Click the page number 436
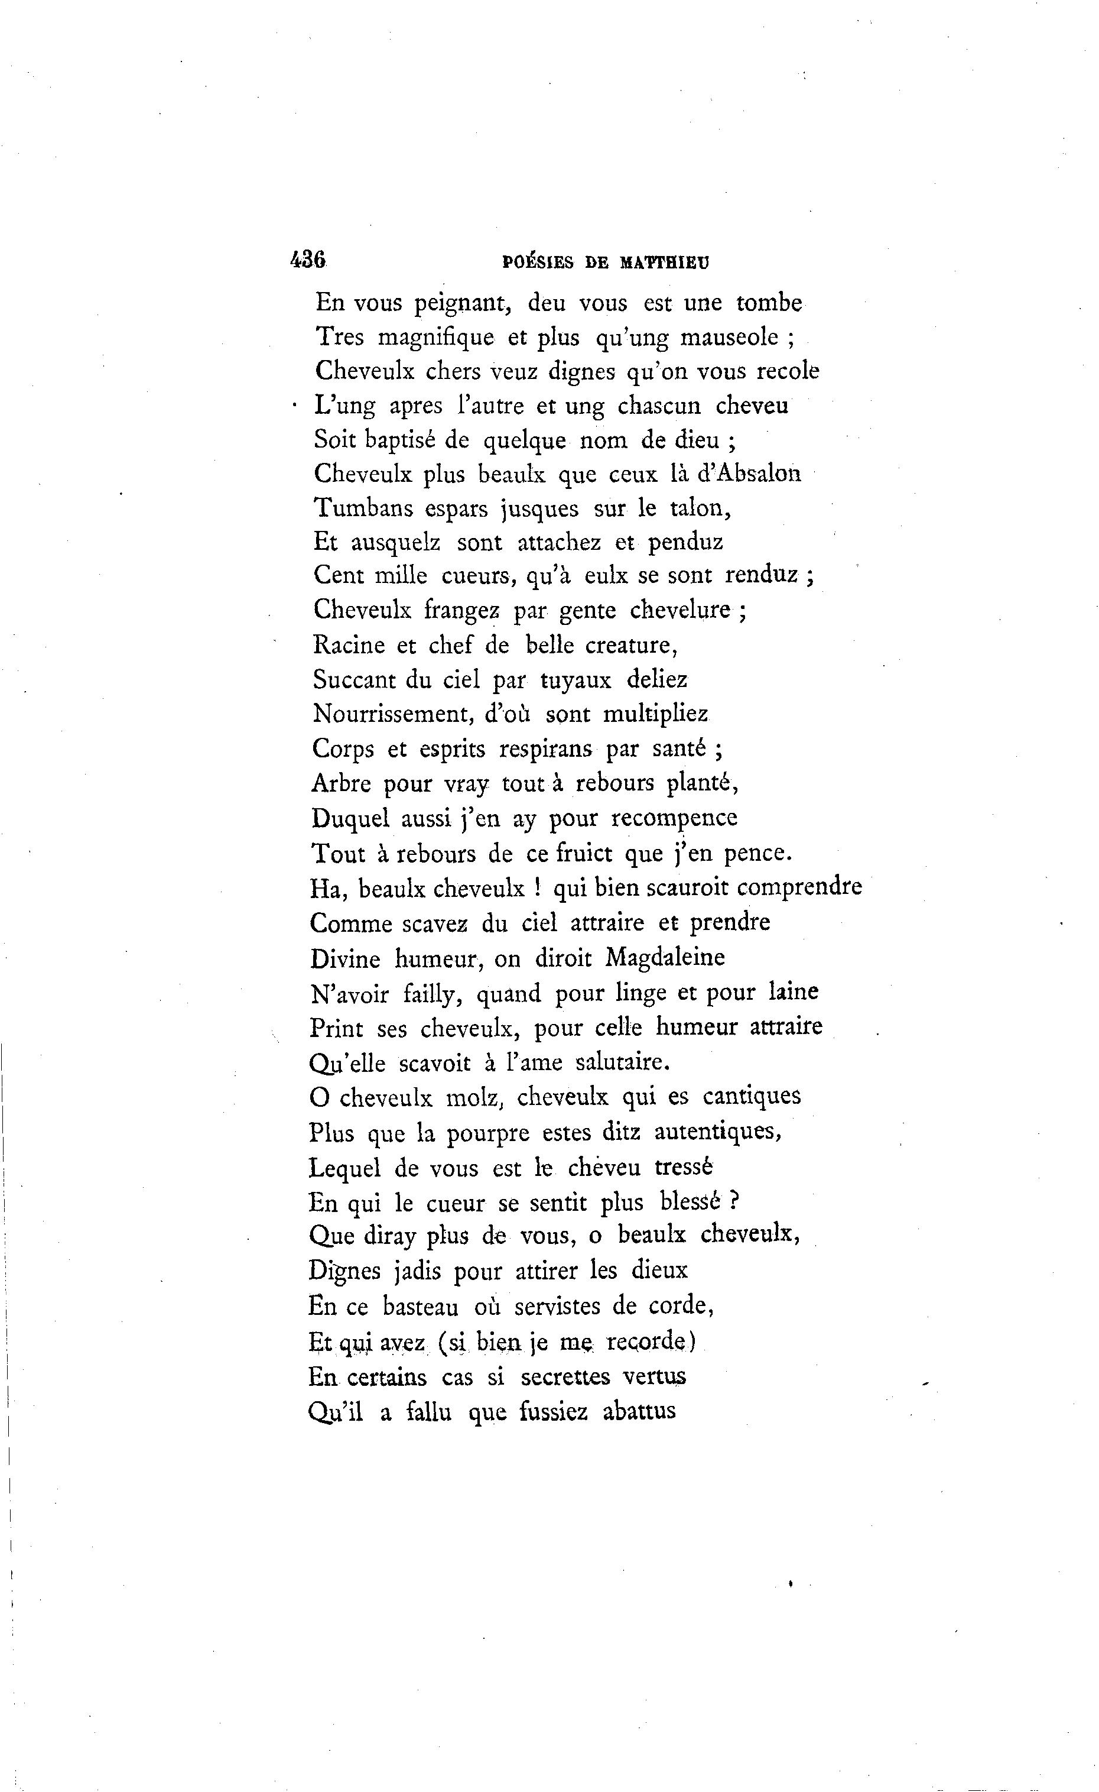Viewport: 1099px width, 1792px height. [308, 260]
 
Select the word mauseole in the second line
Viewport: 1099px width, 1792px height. [730, 338]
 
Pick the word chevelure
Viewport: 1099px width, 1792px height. [679, 610]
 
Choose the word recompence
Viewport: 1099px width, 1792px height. [674, 819]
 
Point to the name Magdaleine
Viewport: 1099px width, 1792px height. [665, 958]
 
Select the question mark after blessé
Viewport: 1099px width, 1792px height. [734, 1201]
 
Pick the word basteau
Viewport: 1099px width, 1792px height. [420, 1307]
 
